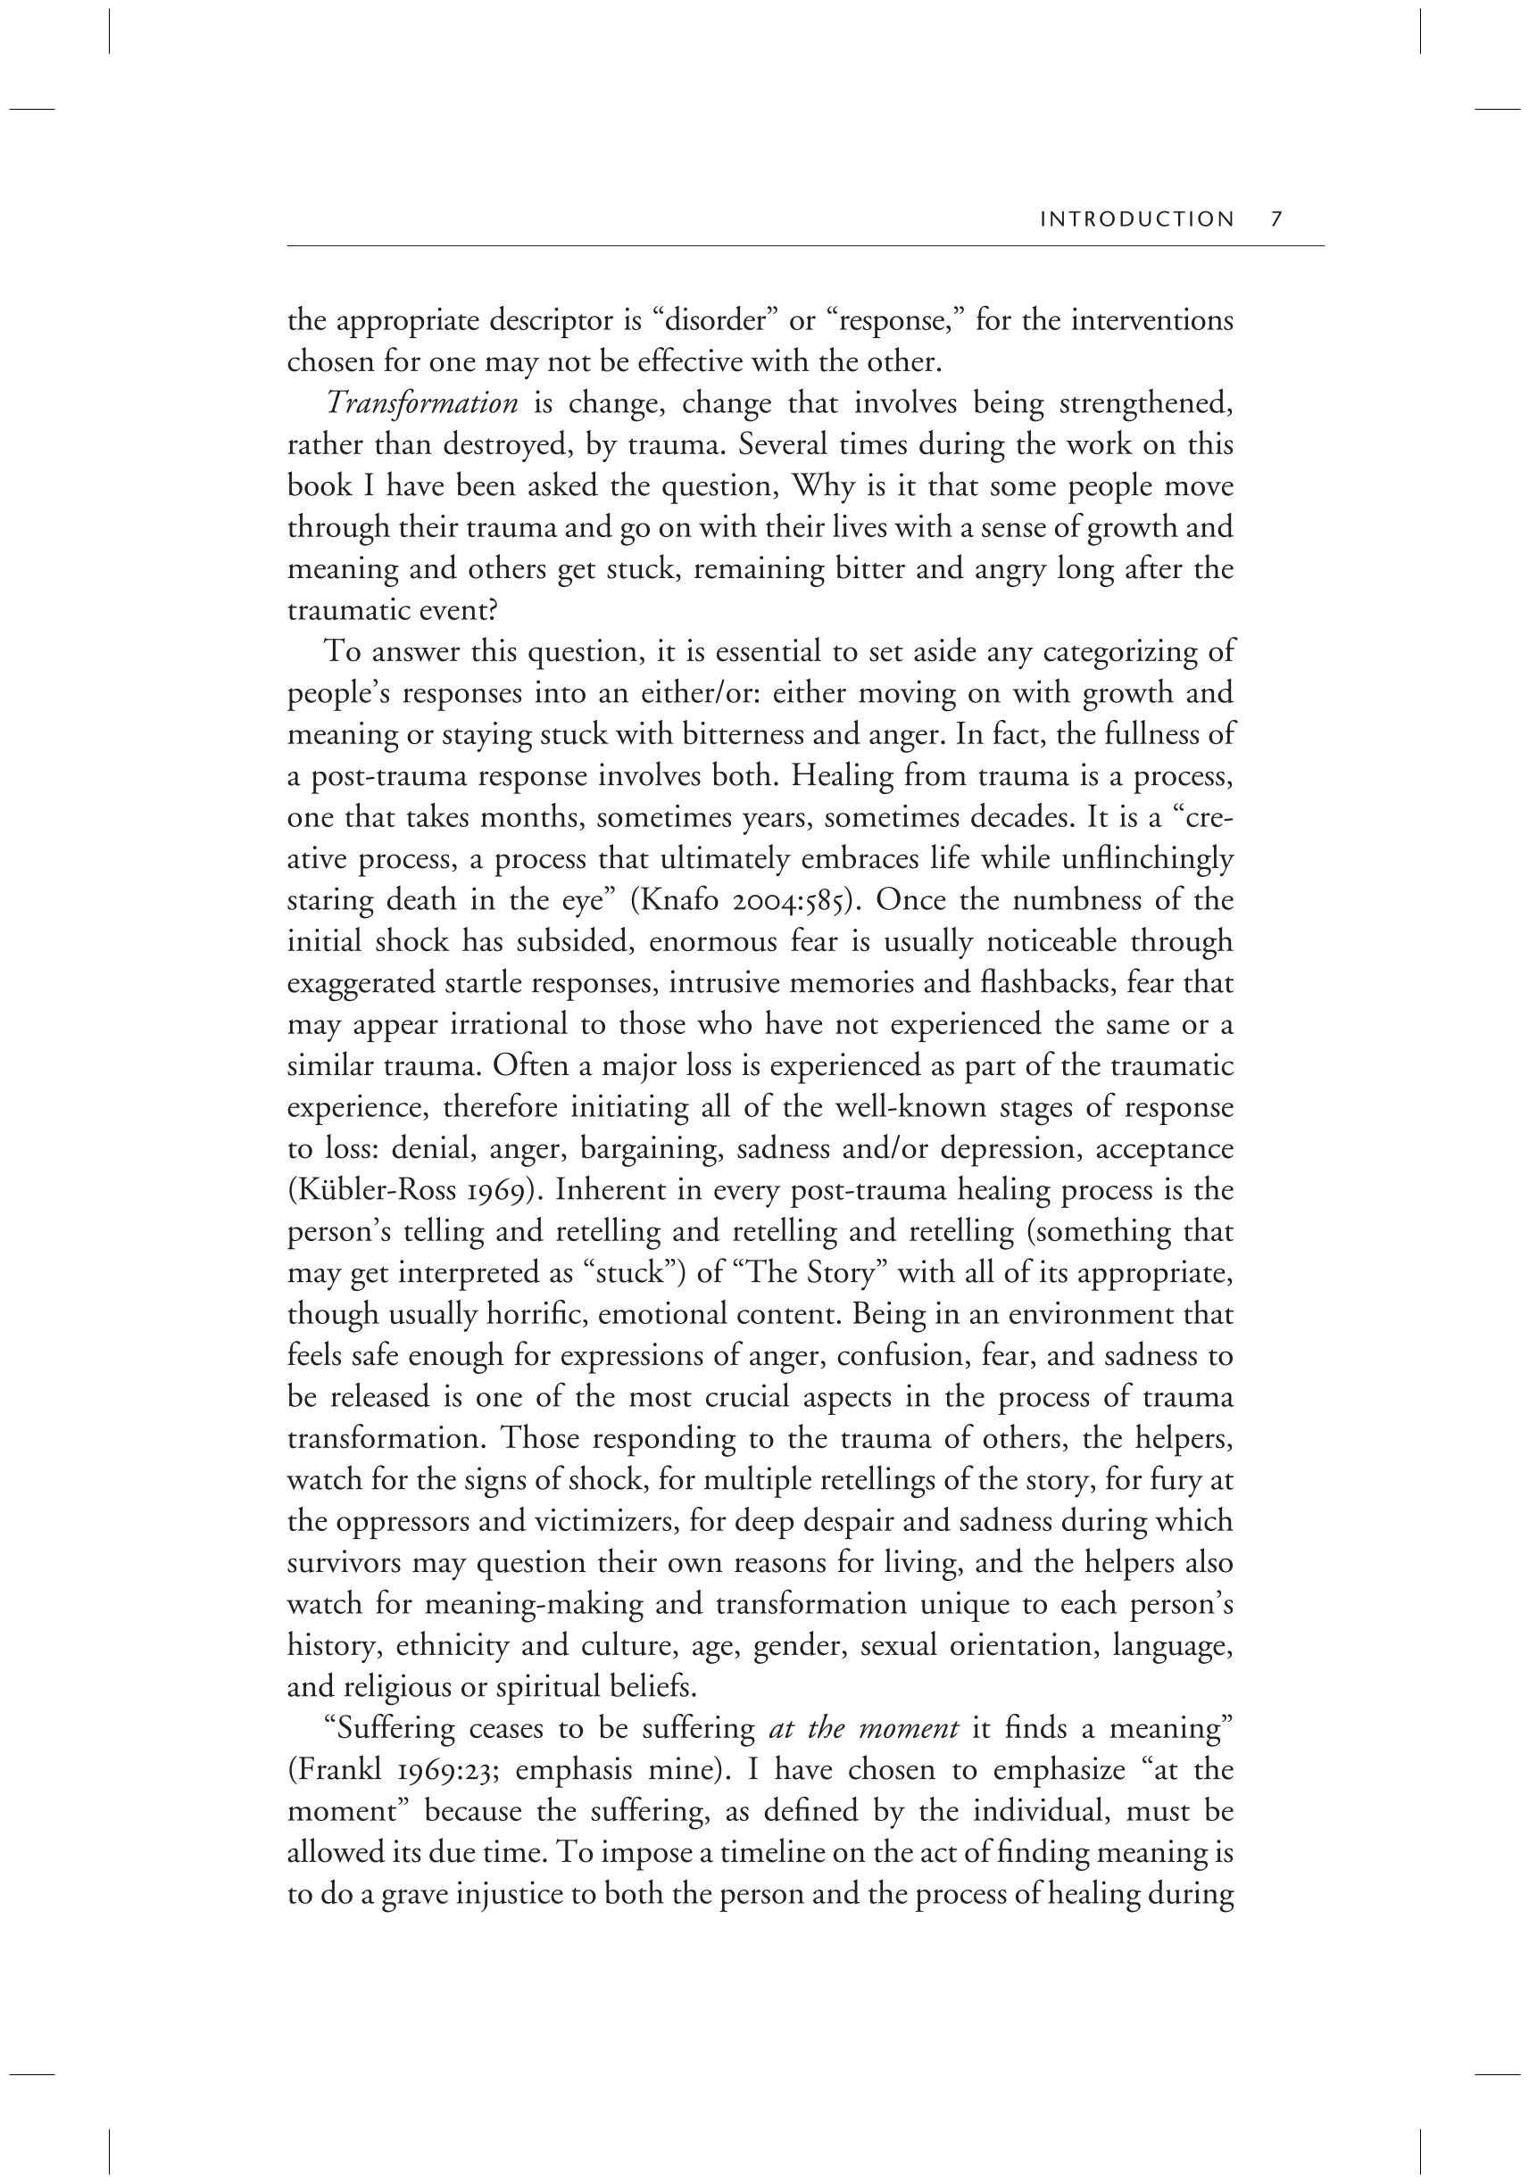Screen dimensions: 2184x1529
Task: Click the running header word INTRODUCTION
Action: coord(1137,219)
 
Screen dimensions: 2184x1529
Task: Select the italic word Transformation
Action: coord(422,403)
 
